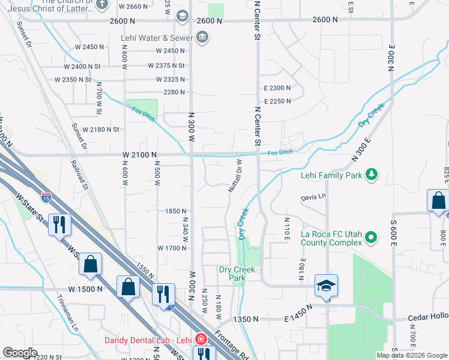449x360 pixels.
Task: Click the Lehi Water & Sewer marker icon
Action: click(202, 38)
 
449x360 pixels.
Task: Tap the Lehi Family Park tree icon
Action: click(372, 175)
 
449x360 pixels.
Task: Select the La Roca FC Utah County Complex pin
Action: click(370, 238)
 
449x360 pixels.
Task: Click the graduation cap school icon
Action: click(327, 286)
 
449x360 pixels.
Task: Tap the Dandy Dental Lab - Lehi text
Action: click(149, 340)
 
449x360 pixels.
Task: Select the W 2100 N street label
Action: click(139, 155)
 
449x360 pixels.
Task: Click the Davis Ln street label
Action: click(313, 196)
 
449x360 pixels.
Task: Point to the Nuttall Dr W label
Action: click(234, 176)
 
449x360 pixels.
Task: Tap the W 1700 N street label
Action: click(172, 248)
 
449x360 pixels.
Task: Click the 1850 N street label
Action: click(176, 211)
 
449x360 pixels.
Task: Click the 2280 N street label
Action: click(174, 92)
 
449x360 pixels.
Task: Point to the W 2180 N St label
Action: click(101, 130)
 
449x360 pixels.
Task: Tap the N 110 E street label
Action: click(286, 227)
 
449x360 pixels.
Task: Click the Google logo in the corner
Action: click(20, 353)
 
